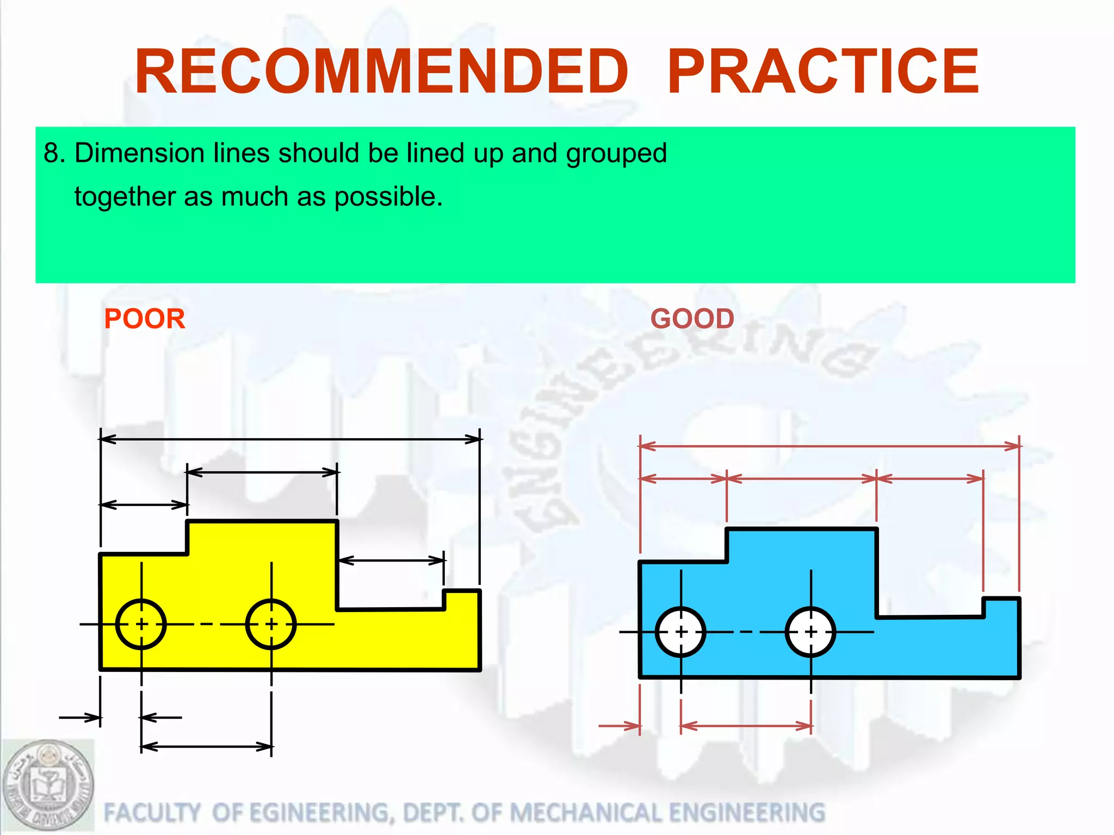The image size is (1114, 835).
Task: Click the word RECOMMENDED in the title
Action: (x=381, y=72)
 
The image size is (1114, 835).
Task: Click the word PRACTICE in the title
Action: (x=823, y=72)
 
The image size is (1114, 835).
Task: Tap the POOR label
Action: (x=145, y=319)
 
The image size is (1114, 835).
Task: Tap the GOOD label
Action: (x=692, y=319)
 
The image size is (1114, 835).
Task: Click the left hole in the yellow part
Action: (x=141, y=624)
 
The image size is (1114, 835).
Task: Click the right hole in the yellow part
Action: (x=271, y=624)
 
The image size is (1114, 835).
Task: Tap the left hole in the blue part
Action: (x=681, y=632)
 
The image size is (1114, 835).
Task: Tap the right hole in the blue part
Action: (x=810, y=632)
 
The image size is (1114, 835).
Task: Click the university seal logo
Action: (x=48, y=785)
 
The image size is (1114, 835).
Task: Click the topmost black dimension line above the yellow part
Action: (x=290, y=439)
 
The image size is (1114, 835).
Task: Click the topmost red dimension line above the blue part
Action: (x=830, y=446)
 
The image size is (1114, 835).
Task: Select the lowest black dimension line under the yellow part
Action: (x=207, y=747)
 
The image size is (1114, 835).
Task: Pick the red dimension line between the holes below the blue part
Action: (x=746, y=726)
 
